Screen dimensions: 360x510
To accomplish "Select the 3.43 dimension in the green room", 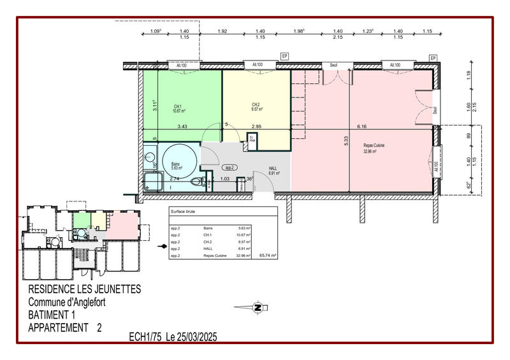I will point(182,126).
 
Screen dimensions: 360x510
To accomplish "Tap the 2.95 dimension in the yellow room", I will point(257,126).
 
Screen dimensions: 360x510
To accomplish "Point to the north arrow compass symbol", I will point(258,308).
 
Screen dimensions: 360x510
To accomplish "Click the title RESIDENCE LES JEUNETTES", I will point(85,289).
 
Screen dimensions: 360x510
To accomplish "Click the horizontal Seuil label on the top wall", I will point(333,65).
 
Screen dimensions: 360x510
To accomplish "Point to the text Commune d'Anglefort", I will point(67,301).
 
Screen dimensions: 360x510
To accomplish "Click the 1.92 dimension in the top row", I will point(222,31).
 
